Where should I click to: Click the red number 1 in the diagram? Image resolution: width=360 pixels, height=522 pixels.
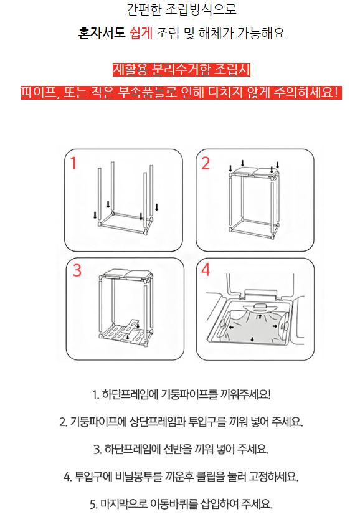(73, 163)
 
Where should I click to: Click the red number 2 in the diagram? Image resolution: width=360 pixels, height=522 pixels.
(206, 163)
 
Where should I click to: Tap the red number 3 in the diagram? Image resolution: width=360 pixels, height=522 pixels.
(77, 270)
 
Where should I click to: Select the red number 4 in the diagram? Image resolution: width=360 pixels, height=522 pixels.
(206, 270)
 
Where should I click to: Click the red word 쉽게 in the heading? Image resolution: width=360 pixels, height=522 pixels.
(140, 33)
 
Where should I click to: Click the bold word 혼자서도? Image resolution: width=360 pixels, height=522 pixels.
(102, 33)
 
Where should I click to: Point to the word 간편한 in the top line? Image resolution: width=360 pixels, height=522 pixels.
(144, 9)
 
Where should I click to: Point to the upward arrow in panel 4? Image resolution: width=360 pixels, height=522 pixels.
(260, 315)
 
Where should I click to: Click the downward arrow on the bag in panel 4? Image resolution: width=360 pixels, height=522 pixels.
(252, 339)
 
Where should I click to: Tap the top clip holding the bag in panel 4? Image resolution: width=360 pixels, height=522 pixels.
(260, 307)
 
